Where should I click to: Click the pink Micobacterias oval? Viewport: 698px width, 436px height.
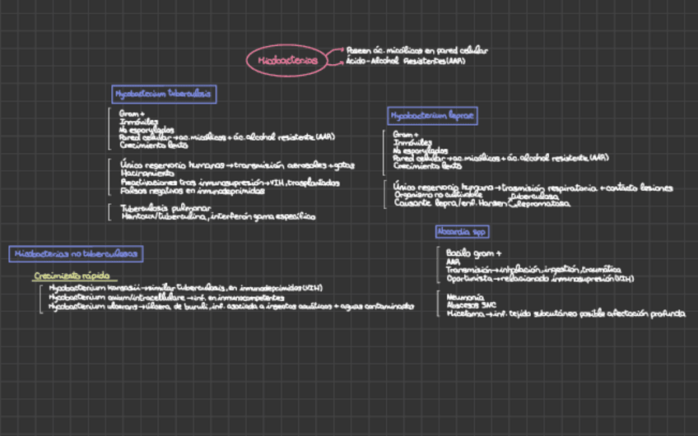287,61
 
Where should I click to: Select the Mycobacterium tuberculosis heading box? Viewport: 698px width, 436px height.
163,94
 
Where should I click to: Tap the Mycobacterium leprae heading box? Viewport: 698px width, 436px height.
432,116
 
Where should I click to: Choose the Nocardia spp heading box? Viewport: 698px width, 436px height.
462,232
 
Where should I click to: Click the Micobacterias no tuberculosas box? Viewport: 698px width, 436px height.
76,253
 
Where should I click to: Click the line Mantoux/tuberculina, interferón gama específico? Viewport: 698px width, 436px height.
217,217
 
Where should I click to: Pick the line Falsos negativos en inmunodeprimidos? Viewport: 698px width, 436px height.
193,191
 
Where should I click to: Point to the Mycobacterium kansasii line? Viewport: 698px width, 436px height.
185,289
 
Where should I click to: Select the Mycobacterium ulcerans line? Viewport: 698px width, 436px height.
230,306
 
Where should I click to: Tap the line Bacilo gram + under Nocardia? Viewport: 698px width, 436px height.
473,253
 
